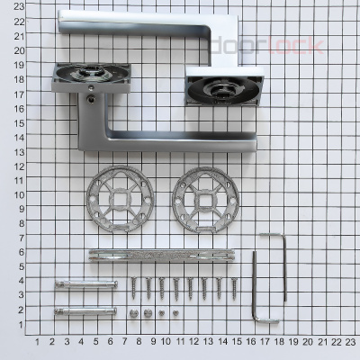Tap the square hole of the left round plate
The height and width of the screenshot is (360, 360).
point(120,199)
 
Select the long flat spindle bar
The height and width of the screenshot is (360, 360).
point(162,256)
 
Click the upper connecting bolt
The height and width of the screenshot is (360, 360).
point(86,284)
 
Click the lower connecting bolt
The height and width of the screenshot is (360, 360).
point(85,311)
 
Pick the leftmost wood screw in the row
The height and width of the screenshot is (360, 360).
point(134,288)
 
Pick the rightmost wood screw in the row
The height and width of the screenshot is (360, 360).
point(234,289)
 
